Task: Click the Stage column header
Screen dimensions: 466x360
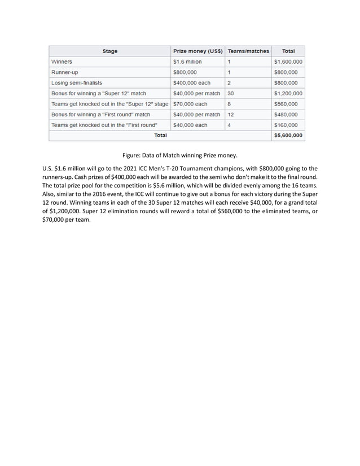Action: click(110, 51)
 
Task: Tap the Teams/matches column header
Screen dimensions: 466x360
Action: click(248, 51)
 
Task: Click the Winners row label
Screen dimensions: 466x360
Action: click(62, 61)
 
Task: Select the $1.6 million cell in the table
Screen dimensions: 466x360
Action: click(187, 61)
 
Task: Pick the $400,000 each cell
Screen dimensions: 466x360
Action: click(192, 83)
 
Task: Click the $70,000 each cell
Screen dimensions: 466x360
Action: click(190, 104)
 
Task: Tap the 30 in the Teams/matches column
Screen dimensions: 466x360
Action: click(231, 93)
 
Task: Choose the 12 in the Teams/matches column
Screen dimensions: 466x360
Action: click(231, 115)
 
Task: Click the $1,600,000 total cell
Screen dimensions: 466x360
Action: click(288, 61)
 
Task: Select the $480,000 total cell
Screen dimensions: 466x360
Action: click(287, 115)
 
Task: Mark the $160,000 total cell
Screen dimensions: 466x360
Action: click(287, 125)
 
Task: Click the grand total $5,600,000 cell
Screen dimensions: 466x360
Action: click(288, 135)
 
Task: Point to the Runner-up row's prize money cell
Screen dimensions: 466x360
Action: click(185, 72)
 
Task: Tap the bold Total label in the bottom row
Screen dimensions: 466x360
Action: click(160, 135)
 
